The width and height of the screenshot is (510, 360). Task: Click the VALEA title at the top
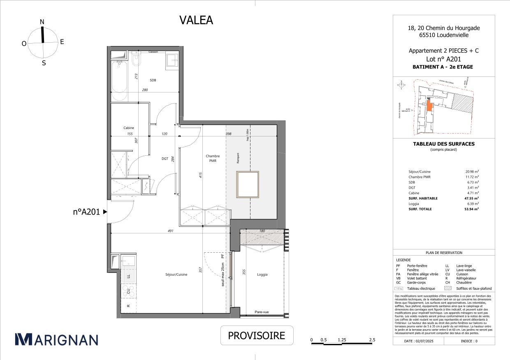(196, 20)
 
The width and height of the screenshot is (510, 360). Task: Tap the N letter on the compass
(42, 22)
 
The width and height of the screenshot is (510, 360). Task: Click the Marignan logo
(56, 339)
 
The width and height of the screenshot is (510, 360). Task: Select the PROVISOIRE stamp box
(257, 335)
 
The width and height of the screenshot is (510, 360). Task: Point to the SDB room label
(141, 80)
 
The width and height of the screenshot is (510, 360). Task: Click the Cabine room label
(129, 128)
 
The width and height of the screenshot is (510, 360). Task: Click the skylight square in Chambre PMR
(248, 185)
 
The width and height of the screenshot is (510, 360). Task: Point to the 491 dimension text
(171, 231)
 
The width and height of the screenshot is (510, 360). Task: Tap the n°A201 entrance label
(86, 212)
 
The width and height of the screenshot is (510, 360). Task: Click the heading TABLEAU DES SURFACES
(443, 144)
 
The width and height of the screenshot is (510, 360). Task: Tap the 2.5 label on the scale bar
(372, 340)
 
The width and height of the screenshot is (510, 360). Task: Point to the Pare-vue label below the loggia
(262, 312)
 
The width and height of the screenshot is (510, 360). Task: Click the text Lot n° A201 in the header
(443, 59)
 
